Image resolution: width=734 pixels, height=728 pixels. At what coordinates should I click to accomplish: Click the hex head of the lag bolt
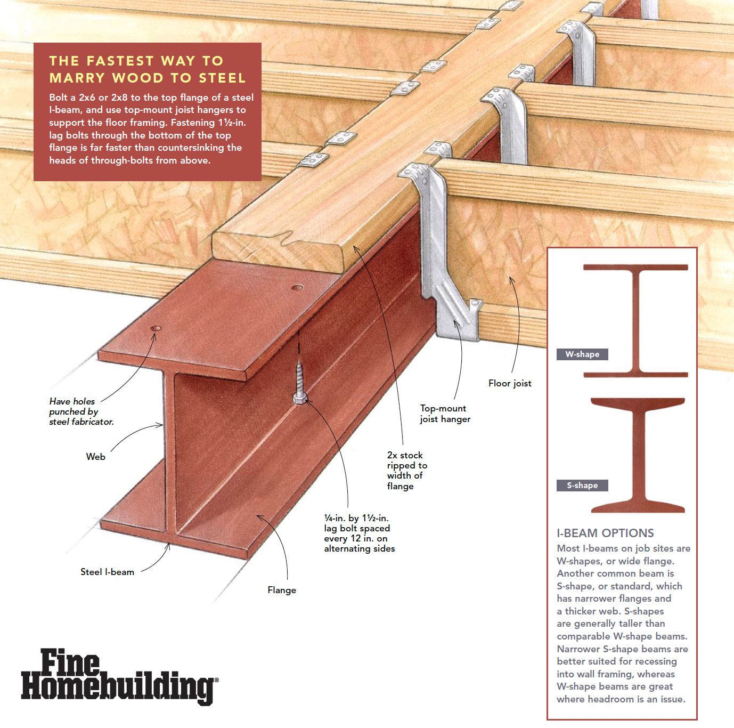pyautogui.click(x=300, y=399)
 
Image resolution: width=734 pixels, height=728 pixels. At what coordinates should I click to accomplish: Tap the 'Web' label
pyautogui.click(x=95, y=457)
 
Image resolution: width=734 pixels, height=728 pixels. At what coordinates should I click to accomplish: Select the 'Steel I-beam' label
pyautogui.click(x=108, y=572)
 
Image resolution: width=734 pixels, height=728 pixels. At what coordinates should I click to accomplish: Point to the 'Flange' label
pyautogui.click(x=282, y=590)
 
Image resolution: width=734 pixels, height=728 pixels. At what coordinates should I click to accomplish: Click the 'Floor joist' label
pyautogui.click(x=510, y=383)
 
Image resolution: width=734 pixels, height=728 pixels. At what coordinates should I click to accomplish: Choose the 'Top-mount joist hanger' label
pyautogui.click(x=445, y=414)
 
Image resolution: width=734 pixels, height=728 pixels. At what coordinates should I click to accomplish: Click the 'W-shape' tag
pyautogui.click(x=582, y=354)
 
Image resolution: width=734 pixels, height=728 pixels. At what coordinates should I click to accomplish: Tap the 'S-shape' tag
pyautogui.click(x=582, y=485)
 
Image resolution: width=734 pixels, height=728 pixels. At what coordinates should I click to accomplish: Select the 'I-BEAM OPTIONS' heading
pyautogui.click(x=605, y=533)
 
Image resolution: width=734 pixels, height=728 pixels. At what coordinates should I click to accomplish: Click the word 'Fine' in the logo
pyautogui.click(x=70, y=663)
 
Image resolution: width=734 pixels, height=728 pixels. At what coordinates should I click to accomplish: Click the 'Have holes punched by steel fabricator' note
pyautogui.click(x=81, y=411)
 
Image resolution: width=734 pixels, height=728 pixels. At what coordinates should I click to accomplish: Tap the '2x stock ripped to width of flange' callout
pyautogui.click(x=407, y=471)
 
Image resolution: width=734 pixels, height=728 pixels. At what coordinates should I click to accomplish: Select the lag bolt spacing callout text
pyautogui.click(x=359, y=533)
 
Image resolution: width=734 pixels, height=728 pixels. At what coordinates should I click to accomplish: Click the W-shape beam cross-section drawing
pyautogui.click(x=635, y=321)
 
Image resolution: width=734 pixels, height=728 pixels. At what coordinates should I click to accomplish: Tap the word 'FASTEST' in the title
pyautogui.click(x=120, y=61)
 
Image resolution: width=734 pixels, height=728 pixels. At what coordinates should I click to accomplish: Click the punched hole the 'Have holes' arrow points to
pyautogui.click(x=156, y=328)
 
